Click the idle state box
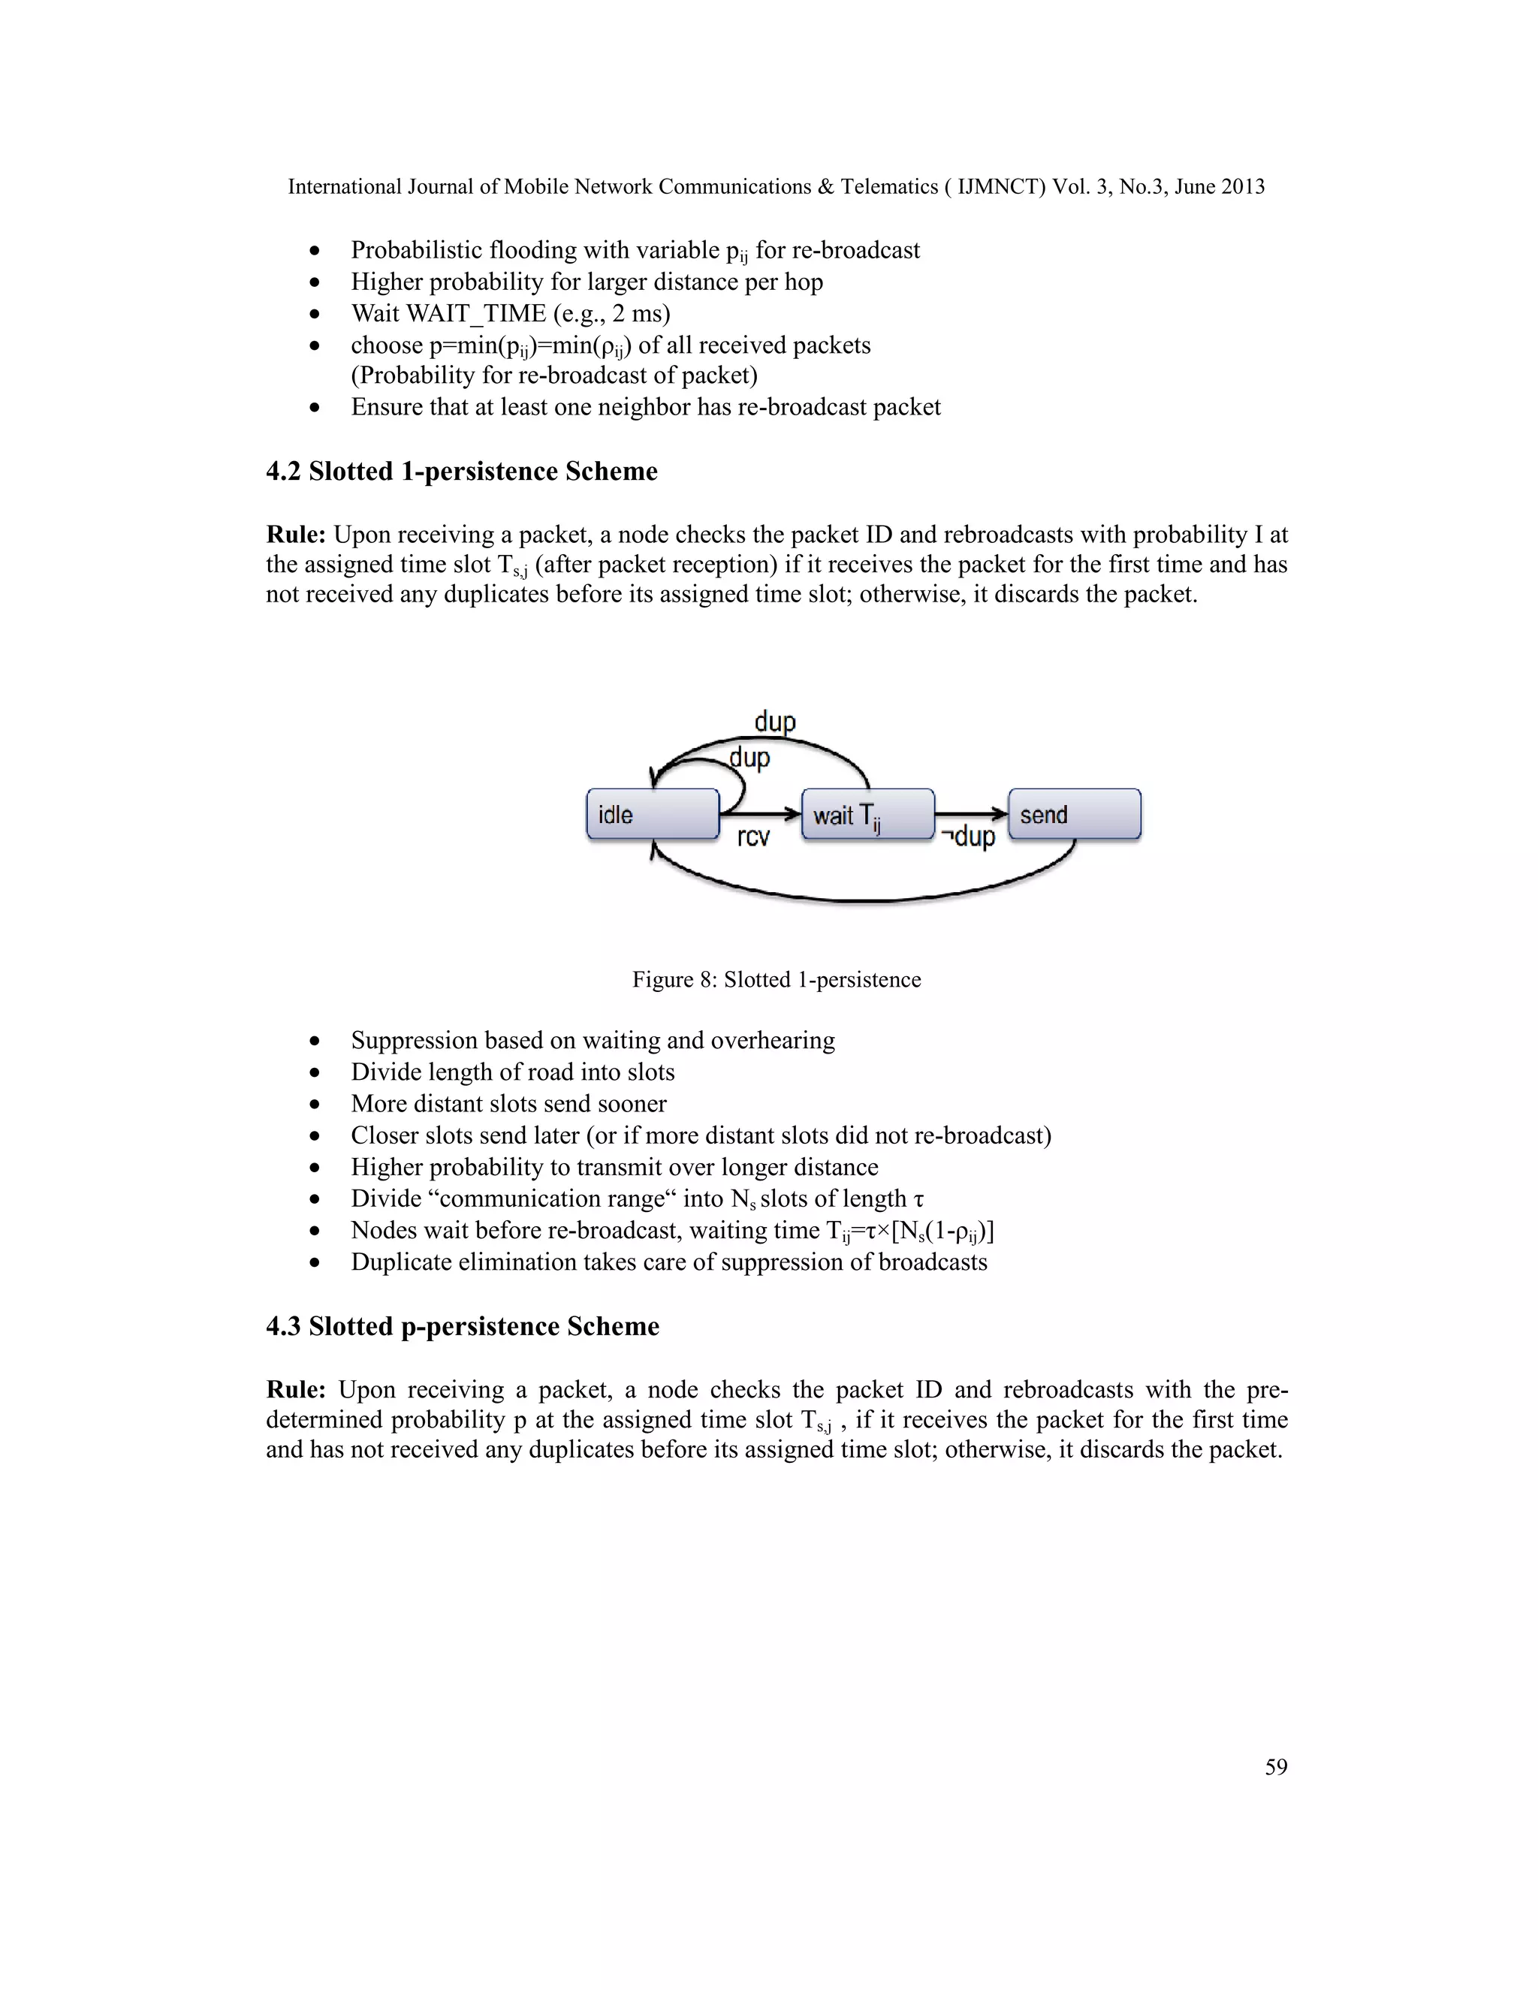[x=653, y=815]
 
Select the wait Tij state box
[x=867, y=815]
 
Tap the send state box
[x=1074, y=815]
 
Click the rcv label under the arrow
[x=752, y=837]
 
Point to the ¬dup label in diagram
[x=969, y=837]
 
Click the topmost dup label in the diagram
[x=774, y=722]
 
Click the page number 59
[x=1276, y=1766]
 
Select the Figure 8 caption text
[x=777, y=979]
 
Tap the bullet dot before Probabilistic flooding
[x=315, y=251]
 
